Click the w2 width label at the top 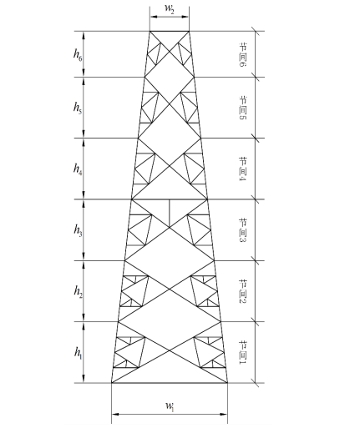170,8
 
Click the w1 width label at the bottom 170,406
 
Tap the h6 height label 78,53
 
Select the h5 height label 78,107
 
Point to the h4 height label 78,169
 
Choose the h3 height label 78,229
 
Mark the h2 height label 78,291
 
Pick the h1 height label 79,352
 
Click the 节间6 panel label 243,54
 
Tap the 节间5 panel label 243,108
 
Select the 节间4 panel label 243,169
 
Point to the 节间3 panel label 243,230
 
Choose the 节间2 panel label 243,291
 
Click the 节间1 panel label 243,352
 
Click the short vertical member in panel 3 170,214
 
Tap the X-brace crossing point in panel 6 170,51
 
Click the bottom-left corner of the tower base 112,383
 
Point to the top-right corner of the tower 189,31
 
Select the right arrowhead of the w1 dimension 224,415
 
